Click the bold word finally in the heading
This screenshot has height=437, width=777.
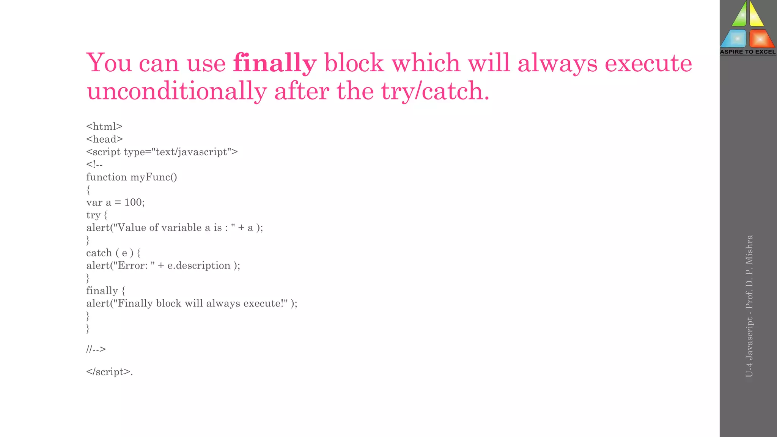click(x=275, y=63)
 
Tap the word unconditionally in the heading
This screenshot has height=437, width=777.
click(x=177, y=92)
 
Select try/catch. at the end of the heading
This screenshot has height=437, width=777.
click(x=435, y=92)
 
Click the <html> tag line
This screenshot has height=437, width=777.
click(x=104, y=126)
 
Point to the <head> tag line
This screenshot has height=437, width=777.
click(x=104, y=139)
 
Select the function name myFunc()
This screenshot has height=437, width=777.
click(x=154, y=177)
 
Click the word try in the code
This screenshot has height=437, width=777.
click(x=93, y=215)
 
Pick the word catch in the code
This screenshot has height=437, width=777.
click(x=99, y=253)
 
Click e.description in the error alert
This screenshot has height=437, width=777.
click(x=199, y=266)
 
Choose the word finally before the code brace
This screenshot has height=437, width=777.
click(x=102, y=291)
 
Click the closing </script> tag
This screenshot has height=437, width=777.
click(x=109, y=372)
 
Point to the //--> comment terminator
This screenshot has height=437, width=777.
click(x=96, y=349)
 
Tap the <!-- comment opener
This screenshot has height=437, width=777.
click(x=94, y=164)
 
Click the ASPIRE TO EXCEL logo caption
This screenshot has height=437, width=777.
click(x=748, y=52)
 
